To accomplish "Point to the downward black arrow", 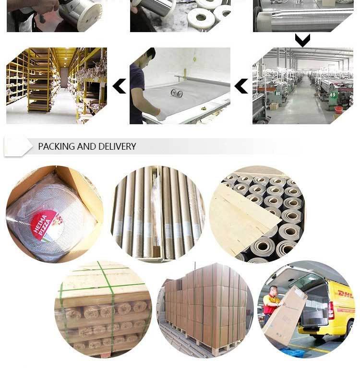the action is coord(302,40).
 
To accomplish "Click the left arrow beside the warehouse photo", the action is coord(119,86).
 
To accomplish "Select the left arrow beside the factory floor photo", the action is coord(241,86).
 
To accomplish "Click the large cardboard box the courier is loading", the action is coord(285,317).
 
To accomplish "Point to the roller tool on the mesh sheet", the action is coord(177,93).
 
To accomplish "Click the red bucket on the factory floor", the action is coord(339,110).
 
